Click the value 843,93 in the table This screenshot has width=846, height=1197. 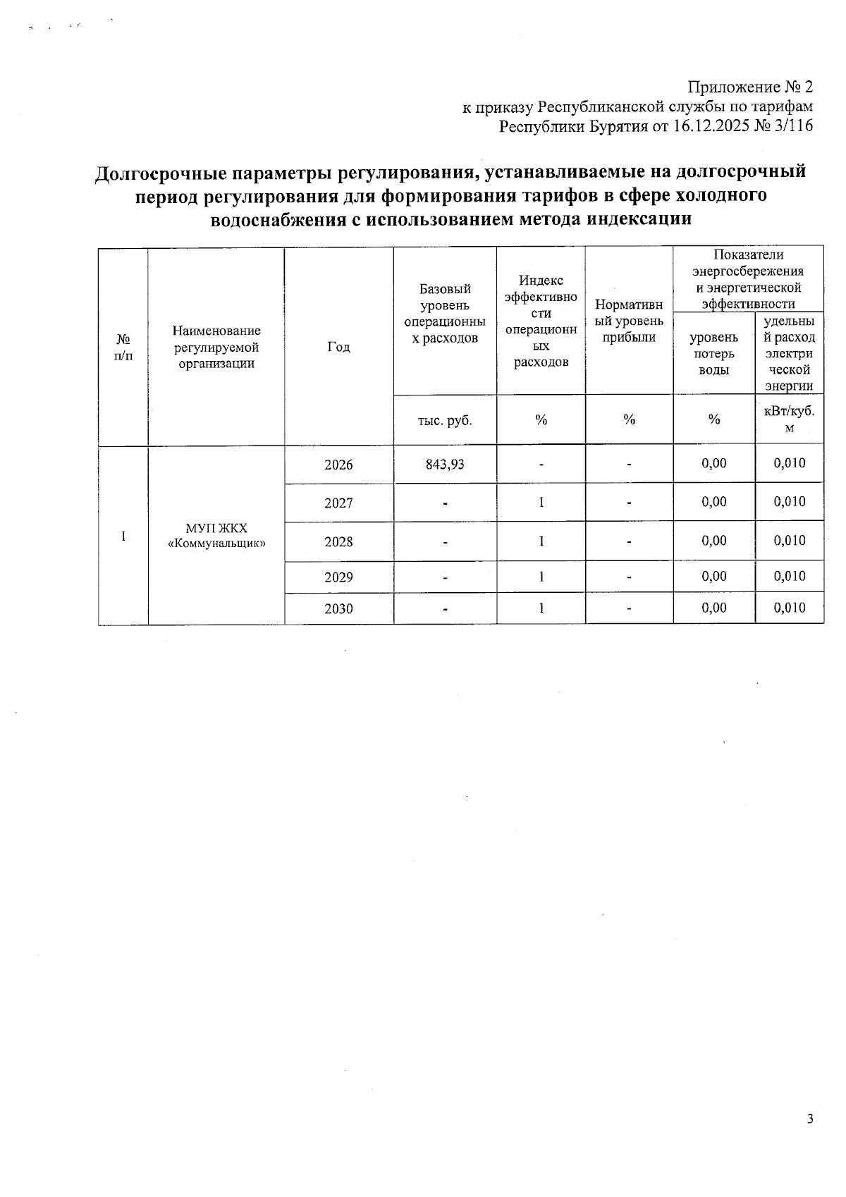pyautogui.click(x=445, y=465)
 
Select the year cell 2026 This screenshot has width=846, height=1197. pyautogui.click(x=338, y=465)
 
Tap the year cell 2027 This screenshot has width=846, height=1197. pyautogui.click(x=338, y=503)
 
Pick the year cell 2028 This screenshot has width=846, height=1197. pyautogui.click(x=338, y=541)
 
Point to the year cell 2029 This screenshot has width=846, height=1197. pyautogui.click(x=338, y=577)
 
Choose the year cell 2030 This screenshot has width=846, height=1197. pyautogui.click(x=338, y=608)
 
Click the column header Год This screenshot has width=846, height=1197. pyautogui.click(x=338, y=347)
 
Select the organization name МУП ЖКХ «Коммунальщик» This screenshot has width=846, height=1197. pyautogui.click(x=216, y=536)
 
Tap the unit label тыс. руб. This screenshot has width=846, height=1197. pyautogui.click(x=445, y=420)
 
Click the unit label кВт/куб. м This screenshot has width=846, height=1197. pyautogui.click(x=789, y=419)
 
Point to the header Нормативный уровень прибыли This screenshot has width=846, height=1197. pyautogui.click(x=629, y=321)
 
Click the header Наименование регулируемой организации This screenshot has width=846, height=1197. pyautogui.click(x=216, y=347)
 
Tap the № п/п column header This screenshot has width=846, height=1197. pyautogui.click(x=123, y=347)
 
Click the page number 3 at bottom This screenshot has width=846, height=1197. pyautogui.click(x=810, y=1119)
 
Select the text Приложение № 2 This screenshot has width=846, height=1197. pyautogui.click(x=750, y=87)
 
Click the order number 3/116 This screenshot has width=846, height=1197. pyautogui.click(x=793, y=127)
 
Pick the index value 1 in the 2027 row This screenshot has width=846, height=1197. pyautogui.click(x=541, y=503)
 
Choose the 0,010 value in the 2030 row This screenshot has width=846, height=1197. pyautogui.click(x=789, y=608)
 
